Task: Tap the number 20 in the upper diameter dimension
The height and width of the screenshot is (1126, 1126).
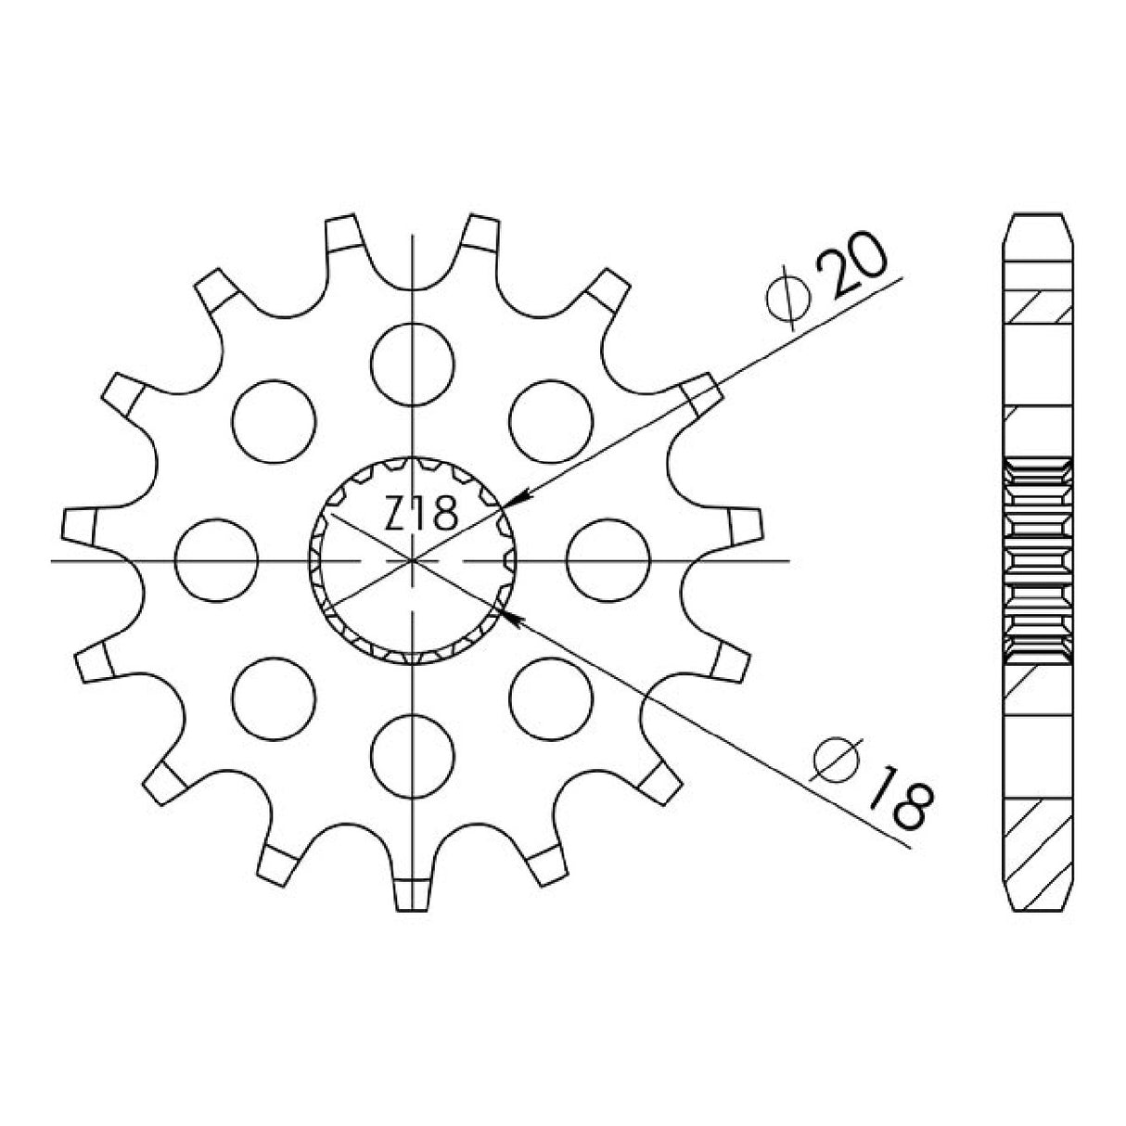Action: pyautogui.click(x=854, y=270)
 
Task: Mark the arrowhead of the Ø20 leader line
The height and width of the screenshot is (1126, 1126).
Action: pyautogui.click(x=515, y=499)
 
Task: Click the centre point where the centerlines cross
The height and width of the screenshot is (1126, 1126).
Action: pyautogui.click(x=411, y=560)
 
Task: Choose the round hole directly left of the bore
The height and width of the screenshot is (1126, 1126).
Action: pyautogui.click(x=215, y=560)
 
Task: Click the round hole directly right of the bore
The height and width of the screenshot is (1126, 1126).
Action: pyautogui.click(x=607, y=560)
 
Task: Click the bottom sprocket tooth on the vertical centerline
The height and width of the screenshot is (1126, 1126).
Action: pyautogui.click(x=411, y=893)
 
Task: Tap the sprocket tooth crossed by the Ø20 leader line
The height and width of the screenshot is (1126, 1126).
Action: pyautogui.click(x=701, y=395)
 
